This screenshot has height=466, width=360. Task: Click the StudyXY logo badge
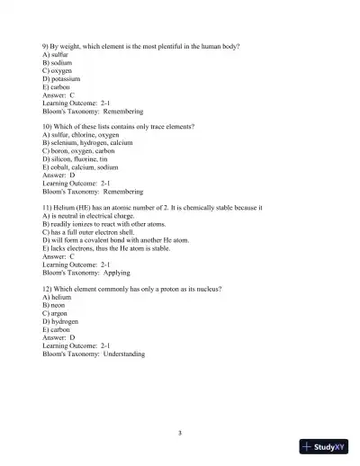pos(326,446)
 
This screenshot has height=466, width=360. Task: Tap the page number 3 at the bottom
pos(180,433)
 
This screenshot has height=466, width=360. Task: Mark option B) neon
pos(56,305)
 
